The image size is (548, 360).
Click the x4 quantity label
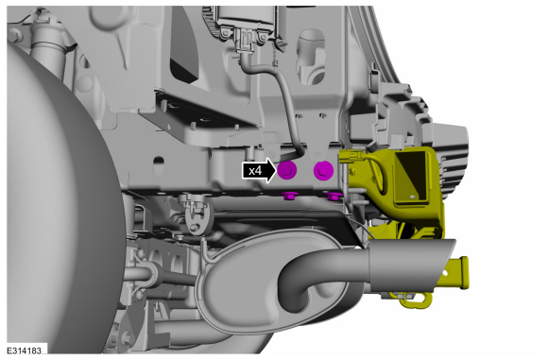pos(255,171)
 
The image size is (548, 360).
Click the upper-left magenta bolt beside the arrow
pos(287,170)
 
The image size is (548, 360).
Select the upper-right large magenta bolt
pos(324,170)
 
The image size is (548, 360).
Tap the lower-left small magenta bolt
pos(288,196)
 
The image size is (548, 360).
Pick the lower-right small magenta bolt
pos(334,197)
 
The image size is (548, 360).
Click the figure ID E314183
pos(25,351)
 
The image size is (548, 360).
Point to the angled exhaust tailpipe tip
pos(412,265)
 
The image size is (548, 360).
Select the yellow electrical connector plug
pos(352,156)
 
